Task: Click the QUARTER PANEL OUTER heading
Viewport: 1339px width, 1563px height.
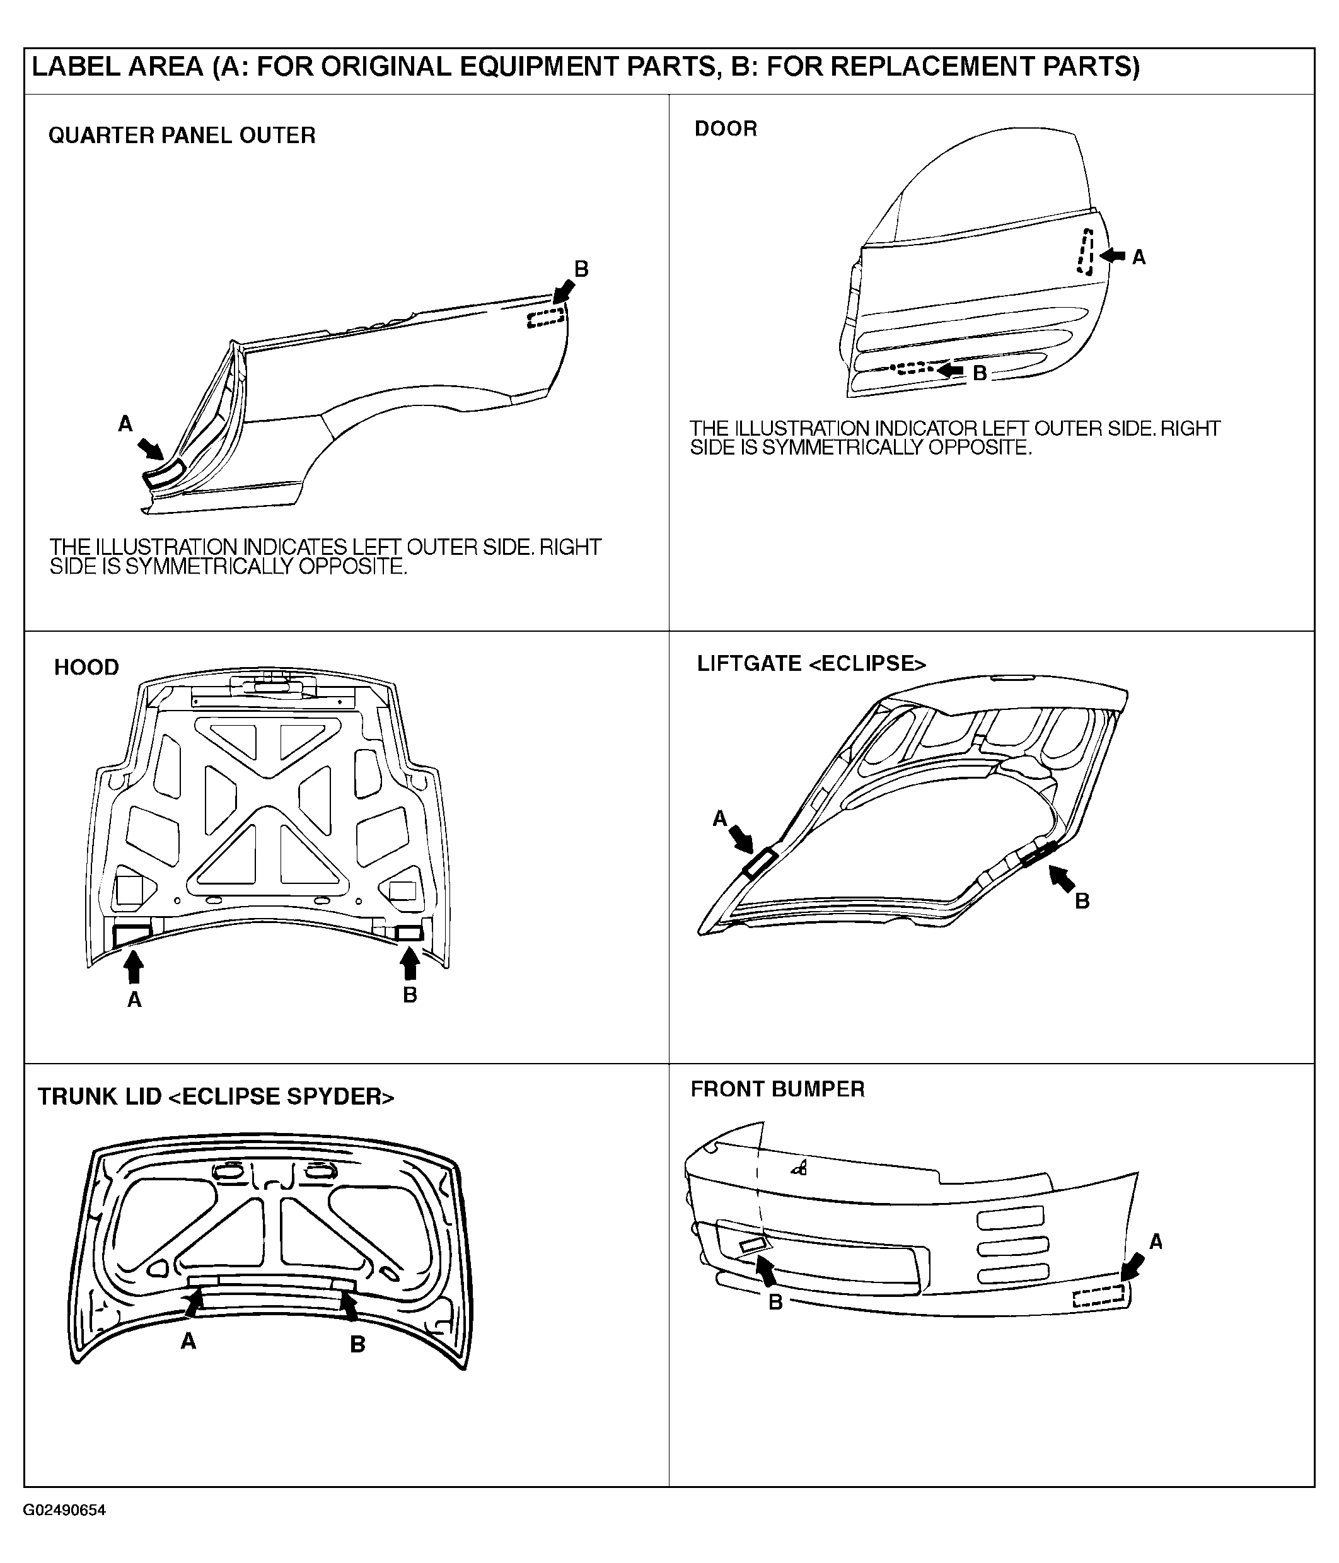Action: pos(182,136)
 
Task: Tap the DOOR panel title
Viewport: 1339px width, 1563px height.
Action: pos(726,129)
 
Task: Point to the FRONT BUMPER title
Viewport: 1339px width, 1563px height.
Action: pos(778,1089)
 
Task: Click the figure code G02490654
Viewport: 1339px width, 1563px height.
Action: pos(64,1510)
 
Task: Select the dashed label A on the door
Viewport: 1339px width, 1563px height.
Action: pos(1086,252)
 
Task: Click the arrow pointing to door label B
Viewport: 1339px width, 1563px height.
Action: pos(951,370)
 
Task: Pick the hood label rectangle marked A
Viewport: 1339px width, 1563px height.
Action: pos(132,936)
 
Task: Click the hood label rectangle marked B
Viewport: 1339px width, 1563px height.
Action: pos(410,934)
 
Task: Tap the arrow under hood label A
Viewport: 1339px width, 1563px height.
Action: pos(134,968)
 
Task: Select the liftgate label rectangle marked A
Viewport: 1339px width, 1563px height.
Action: pos(760,863)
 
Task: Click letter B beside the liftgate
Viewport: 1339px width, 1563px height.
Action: pos(1082,902)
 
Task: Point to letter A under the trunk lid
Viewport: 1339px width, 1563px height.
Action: pos(188,1340)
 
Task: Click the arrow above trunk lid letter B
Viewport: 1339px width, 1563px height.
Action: pos(349,1306)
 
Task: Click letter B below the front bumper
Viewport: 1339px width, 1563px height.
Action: pos(775,1302)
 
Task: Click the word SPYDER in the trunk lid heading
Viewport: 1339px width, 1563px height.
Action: pos(334,1097)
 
